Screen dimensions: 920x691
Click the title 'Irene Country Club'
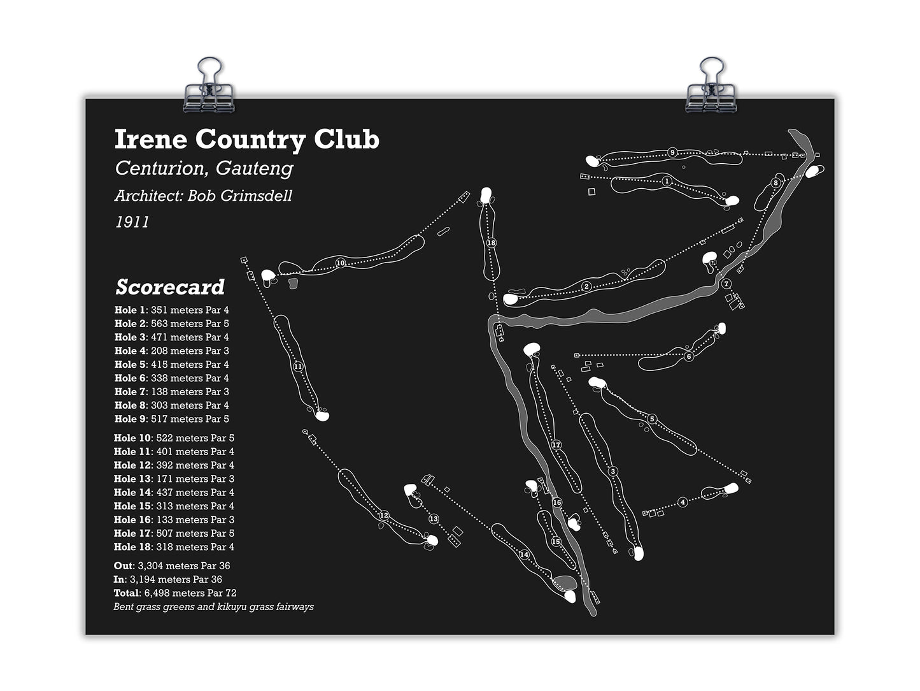pyautogui.click(x=247, y=140)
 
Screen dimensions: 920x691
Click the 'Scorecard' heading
pyautogui.click(x=170, y=287)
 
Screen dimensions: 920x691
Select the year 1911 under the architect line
pyautogui.click(x=132, y=222)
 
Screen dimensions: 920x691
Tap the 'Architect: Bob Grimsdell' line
pyautogui.click(x=203, y=196)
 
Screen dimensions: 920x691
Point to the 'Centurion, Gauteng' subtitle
pyautogui.click(x=204, y=168)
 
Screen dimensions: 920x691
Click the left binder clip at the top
pyautogui.click(x=209, y=85)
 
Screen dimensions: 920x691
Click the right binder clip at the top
pyautogui.click(x=711, y=85)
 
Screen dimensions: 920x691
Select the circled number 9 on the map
pyautogui.click(x=672, y=152)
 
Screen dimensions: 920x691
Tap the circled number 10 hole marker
pyautogui.click(x=341, y=263)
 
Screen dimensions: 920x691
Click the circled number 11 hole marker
pyautogui.click(x=297, y=367)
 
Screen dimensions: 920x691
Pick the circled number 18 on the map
pyautogui.click(x=492, y=242)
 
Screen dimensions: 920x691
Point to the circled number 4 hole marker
pyautogui.click(x=683, y=502)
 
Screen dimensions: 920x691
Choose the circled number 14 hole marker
pyautogui.click(x=524, y=555)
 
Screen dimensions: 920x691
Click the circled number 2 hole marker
pyautogui.click(x=586, y=287)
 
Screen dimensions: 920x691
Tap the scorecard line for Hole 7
pyautogui.click(x=172, y=392)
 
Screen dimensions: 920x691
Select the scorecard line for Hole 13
pyautogui.click(x=174, y=479)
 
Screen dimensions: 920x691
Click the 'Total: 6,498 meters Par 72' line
pyautogui.click(x=175, y=593)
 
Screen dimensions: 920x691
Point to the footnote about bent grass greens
pyautogui.click(x=213, y=607)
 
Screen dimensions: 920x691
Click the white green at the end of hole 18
pyautogui.click(x=486, y=195)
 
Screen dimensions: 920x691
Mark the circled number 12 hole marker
pyautogui.click(x=384, y=516)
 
